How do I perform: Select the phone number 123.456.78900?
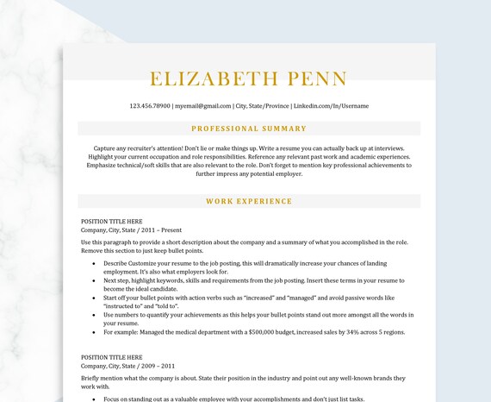click(x=150, y=106)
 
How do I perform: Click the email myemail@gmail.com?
click(x=202, y=106)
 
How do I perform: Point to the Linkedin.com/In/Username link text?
click(x=330, y=106)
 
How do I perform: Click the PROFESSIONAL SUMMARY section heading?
click(x=249, y=129)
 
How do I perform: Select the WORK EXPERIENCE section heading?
click(x=249, y=201)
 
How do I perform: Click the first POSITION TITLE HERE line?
click(x=112, y=222)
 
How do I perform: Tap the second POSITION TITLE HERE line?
click(x=112, y=357)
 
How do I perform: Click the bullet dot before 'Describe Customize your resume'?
click(x=93, y=263)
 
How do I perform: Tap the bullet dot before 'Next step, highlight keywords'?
click(x=93, y=280)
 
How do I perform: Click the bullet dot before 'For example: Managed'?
click(x=93, y=332)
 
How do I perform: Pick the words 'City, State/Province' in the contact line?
click(x=262, y=106)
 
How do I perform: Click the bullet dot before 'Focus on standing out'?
click(x=93, y=399)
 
